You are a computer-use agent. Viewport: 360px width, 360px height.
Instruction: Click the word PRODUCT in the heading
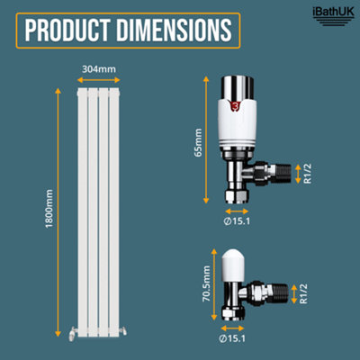[67, 31]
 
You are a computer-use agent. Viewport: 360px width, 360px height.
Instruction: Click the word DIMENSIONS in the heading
[174, 31]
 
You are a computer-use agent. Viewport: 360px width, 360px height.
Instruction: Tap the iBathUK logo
[333, 16]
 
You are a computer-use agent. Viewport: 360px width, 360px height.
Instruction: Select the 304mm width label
[99, 69]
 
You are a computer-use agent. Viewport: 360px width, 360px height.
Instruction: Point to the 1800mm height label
[49, 209]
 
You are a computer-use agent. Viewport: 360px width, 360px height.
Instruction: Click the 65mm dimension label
[198, 142]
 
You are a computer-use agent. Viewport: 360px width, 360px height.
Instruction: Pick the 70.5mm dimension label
[206, 283]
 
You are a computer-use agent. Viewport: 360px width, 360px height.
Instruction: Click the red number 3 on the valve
[235, 106]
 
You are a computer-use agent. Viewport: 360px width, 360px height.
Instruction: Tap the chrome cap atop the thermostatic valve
[238, 88]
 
